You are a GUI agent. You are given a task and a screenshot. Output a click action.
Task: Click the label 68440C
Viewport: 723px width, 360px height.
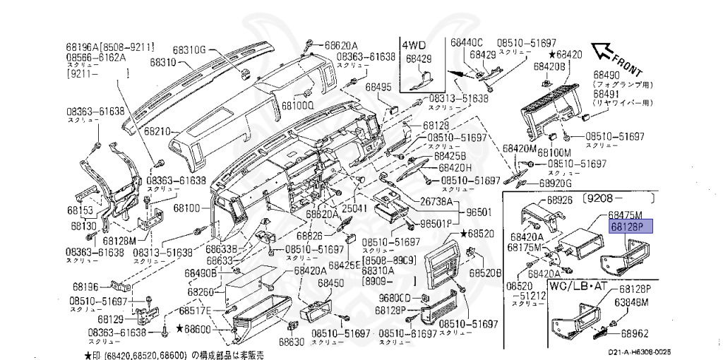466,42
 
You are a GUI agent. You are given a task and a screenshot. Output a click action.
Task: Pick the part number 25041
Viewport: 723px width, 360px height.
354,210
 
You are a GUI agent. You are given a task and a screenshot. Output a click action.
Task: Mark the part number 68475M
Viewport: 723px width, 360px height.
626,215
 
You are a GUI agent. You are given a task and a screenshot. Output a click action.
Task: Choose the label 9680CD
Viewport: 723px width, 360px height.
394,297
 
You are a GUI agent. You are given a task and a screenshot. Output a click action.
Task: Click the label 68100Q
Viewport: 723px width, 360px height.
297,106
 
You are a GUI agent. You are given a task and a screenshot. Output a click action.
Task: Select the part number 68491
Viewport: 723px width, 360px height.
607,92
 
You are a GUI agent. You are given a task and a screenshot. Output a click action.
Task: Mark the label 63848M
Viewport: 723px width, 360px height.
631,304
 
